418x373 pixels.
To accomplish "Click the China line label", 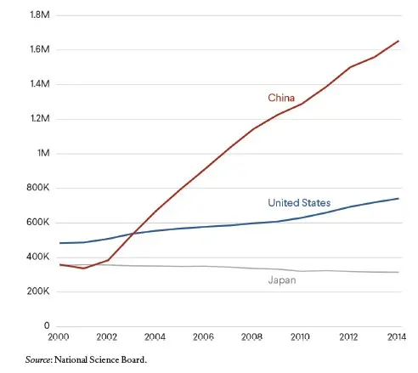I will pos(281,99).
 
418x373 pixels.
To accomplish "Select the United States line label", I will pos(298,203).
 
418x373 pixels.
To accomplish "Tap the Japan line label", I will pos(281,280).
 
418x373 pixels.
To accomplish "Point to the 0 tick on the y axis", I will pos(47,326).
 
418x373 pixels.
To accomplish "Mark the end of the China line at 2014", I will pos(398,41).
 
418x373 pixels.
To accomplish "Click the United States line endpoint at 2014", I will pos(398,199).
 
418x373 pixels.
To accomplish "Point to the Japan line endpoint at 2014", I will pos(398,272).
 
